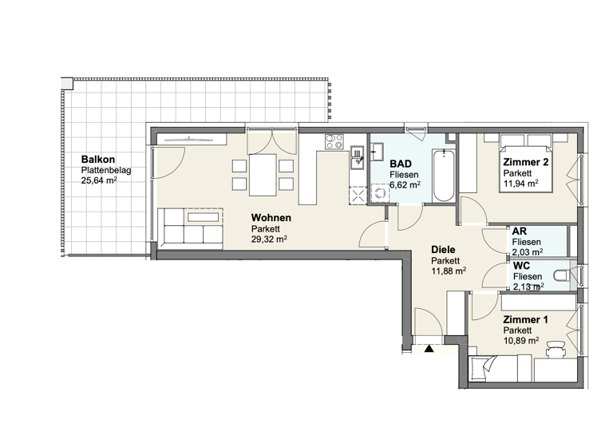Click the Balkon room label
(x=96, y=160)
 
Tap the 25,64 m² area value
(x=99, y=180)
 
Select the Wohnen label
(x=271, y=218)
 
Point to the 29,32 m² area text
(x=269, y=239)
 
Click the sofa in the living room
(x=191, y=227)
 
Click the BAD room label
(x=401, y=163)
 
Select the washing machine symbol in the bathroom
(x=378, y=192)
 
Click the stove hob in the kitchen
(x=334, y=144)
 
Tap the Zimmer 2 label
(x=525, y=163)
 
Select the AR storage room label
(x=519, y=231)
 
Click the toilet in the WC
(x=562, y=277)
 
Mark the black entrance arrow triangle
(x=429, y=348)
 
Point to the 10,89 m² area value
(x=520, y=340)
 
